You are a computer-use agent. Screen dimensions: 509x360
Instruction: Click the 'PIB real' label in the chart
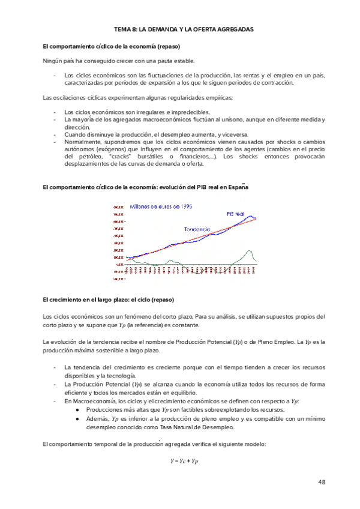coord(235,214)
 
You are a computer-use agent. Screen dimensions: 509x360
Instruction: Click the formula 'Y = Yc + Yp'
coord(184,461)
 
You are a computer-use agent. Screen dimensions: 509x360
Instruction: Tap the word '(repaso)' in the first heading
coord(169,46)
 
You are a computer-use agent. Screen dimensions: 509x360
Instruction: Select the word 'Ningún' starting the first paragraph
coord(51,61)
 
